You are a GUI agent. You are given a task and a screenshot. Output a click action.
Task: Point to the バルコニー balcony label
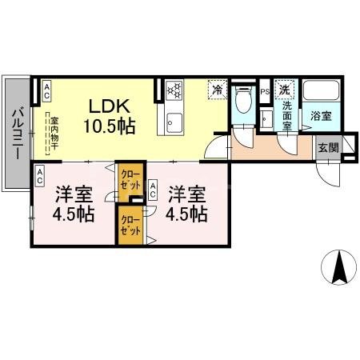(x=16, y=135)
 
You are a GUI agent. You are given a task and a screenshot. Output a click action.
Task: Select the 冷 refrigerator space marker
(x=216, y=90)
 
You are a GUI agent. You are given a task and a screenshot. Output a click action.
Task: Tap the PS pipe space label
(x=265, y=93)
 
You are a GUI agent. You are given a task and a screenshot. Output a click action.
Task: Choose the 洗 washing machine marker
(x=284, y=90)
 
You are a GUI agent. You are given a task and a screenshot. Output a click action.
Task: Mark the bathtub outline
(x=322, y=92)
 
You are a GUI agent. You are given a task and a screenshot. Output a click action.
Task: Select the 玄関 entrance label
(x=327, y=147)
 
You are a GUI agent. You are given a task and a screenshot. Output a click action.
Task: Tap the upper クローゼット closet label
(x=129, y=177)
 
